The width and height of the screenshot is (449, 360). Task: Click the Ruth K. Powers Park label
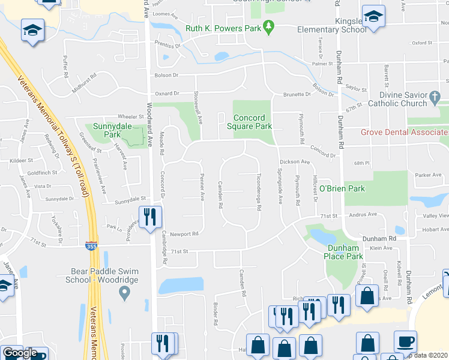(x=215, y=28)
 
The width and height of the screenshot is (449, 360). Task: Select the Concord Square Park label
(x=253, y=122)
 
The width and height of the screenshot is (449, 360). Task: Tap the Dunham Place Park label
(x=345, y=252)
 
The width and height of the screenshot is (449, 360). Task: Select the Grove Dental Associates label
(x=404, y=132)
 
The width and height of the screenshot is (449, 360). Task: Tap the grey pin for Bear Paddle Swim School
(x=124, y=293)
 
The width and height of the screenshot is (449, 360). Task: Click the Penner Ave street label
(x=202, y=188)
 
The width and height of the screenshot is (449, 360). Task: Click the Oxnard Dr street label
(x=167, y=94)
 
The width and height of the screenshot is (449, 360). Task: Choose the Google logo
(x=19, y=353)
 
